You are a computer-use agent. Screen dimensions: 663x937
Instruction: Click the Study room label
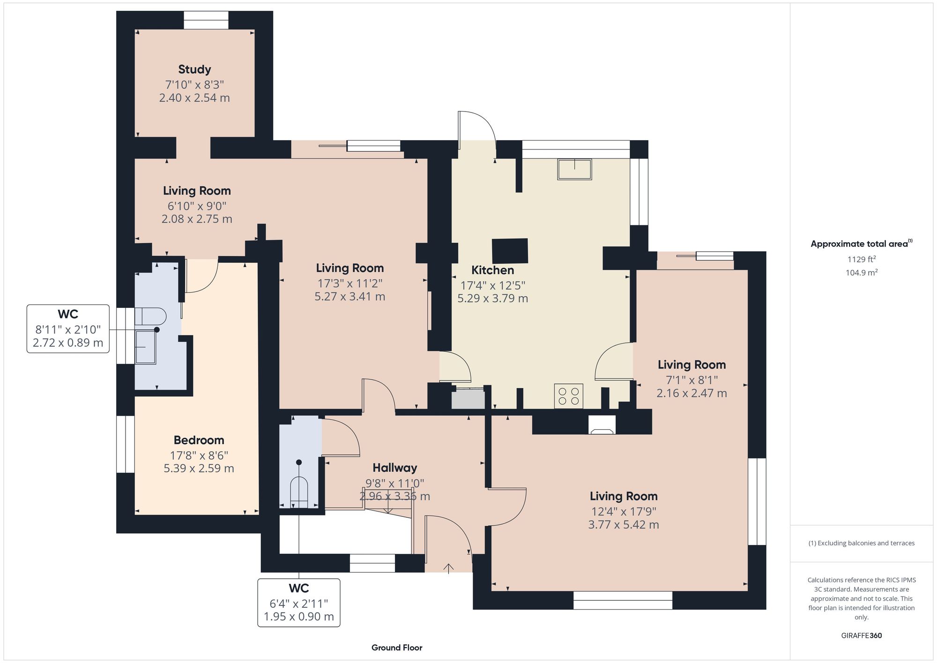point(194,69)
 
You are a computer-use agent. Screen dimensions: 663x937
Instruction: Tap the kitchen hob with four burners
point(569,396)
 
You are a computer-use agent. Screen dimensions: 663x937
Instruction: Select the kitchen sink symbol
point(574,169)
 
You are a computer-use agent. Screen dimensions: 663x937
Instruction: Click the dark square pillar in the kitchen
point(510,250)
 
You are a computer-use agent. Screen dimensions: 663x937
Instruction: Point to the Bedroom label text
point(199,440)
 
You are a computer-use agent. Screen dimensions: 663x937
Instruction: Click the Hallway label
point(394,468)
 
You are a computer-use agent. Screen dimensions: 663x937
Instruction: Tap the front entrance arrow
point(448,568)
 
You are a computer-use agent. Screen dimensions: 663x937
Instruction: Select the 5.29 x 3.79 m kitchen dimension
point(492,298)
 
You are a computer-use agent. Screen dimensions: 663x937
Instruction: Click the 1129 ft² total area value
point(861,259)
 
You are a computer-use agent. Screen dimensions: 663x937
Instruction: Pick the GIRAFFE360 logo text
point(861,636)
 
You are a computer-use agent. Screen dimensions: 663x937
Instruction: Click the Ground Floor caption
point(397,648)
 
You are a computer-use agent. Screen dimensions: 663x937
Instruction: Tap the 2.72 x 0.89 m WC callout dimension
point(68,343)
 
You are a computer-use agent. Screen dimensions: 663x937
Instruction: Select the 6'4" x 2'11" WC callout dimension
point(298,603)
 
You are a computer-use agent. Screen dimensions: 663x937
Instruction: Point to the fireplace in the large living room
point(602,425)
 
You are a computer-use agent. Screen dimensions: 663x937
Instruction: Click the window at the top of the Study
point(206,20)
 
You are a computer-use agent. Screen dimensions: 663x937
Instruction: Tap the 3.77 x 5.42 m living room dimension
point(623,525)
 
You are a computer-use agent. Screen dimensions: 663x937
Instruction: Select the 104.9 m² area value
point(861,273)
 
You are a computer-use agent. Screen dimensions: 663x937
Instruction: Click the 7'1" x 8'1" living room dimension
point(692,380)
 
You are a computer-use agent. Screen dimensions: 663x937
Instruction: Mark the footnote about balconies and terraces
point(861,543)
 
